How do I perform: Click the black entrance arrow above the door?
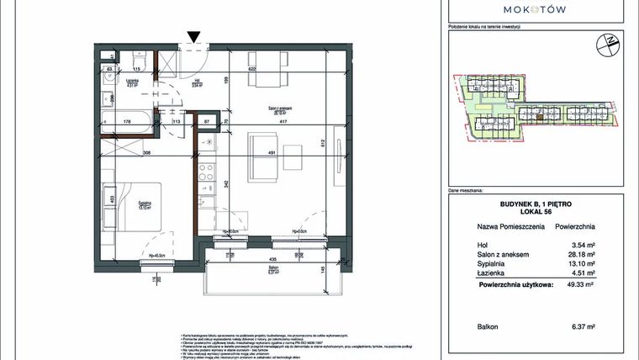click(194, 36)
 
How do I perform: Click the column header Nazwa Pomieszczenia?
click(501, 227)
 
